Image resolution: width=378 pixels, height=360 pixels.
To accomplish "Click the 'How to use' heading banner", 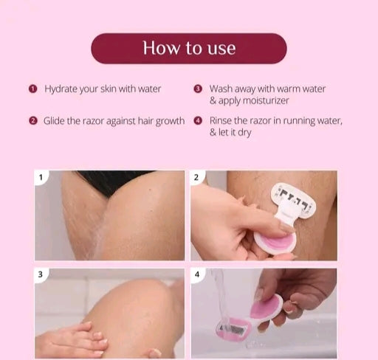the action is point(189,49).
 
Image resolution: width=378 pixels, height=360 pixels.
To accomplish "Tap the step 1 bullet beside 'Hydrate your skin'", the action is point(32,89).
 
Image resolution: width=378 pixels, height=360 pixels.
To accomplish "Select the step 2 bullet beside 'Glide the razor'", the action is point(33,121).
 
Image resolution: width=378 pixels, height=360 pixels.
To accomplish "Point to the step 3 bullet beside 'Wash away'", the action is point(198,89).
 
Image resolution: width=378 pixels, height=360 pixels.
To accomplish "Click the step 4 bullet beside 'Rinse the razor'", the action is point(198,120).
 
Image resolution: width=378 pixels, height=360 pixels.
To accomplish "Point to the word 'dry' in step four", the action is point(244,133).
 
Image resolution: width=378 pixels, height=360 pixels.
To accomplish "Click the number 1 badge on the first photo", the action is point(41,177).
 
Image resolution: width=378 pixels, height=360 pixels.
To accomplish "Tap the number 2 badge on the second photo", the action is point(196,177).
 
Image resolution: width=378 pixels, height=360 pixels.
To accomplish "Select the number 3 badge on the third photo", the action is point(41,274).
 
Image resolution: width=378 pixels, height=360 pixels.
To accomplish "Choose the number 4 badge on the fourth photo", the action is point(197,274).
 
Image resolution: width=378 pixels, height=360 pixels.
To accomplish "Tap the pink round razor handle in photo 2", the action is point(275,241).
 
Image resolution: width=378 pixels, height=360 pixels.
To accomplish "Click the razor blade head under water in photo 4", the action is point(233,330).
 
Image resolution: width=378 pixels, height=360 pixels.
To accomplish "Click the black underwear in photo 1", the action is point(113,181).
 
